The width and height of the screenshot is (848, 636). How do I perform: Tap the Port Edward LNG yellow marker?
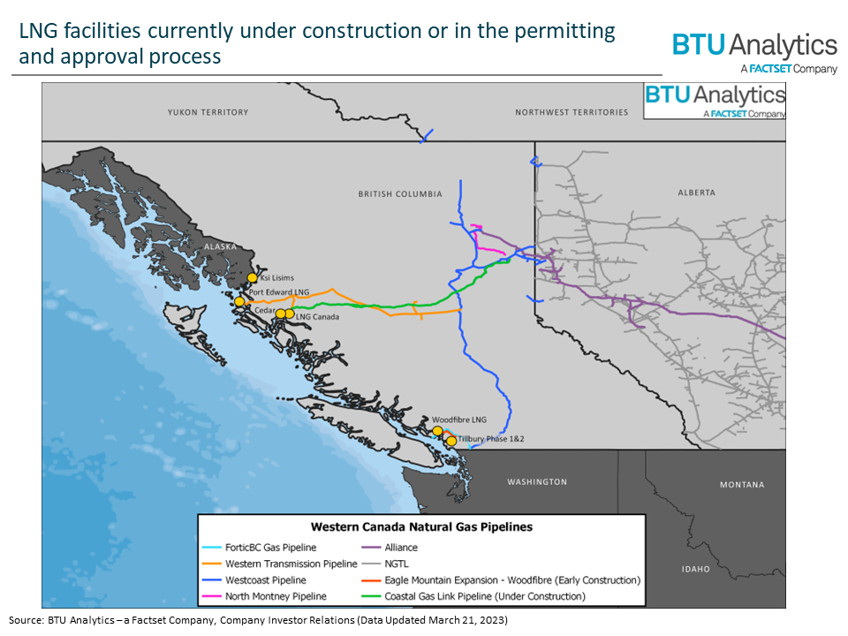pos(239,301)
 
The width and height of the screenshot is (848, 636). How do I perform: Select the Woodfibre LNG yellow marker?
pos(436,431)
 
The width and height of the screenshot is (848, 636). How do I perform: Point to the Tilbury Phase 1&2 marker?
pos(451,441)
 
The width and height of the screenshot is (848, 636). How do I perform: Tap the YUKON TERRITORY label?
pos(208,112)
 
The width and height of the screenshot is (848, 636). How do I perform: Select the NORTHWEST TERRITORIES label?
pos(572,112)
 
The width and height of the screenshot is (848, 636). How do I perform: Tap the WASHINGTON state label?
pos(537,481)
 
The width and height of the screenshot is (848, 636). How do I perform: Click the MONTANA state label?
pos(741,484)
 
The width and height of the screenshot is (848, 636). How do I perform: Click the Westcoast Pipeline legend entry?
pos(266,580)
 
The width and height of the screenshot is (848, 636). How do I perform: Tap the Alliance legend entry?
pos(403,548)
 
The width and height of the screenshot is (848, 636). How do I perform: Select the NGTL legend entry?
pos(397,564)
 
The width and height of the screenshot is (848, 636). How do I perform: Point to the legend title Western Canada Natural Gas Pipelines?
pos(421,527)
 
